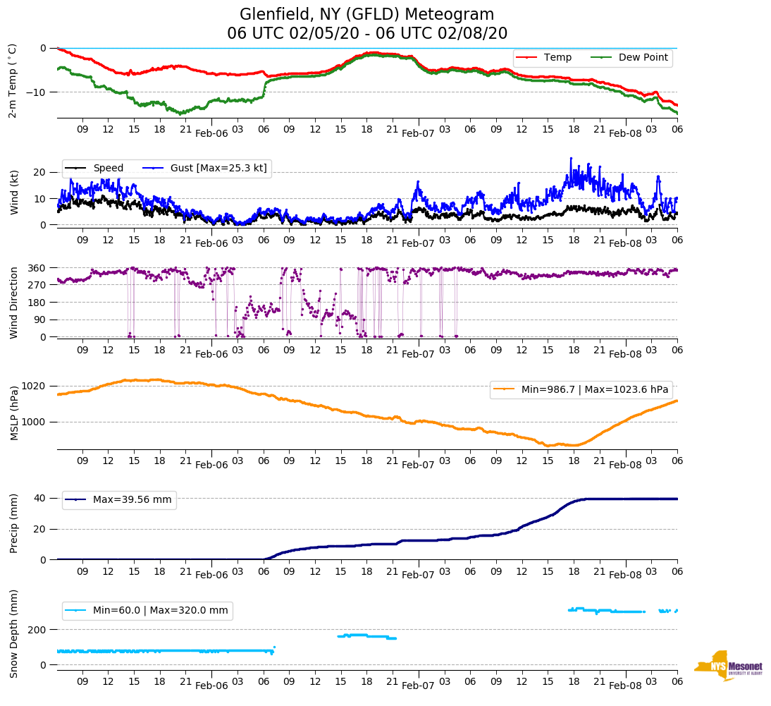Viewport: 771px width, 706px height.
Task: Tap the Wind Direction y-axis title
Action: point(13,303)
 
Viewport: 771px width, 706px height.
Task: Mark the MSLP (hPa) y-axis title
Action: point(13,413)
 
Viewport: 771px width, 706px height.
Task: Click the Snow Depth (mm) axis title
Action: point(13,633)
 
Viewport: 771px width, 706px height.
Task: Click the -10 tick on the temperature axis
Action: point(37,92)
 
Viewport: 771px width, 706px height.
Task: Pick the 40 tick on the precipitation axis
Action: point(41,498)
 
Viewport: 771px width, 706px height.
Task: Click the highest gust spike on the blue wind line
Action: point(571,158)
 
